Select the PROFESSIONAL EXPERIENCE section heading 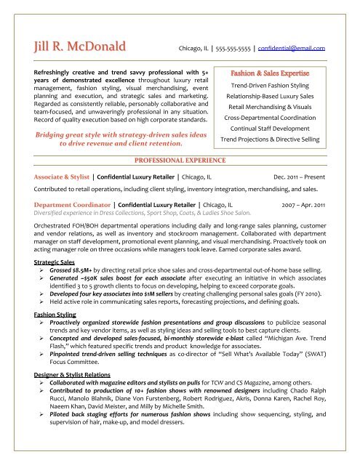click(179, 159)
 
